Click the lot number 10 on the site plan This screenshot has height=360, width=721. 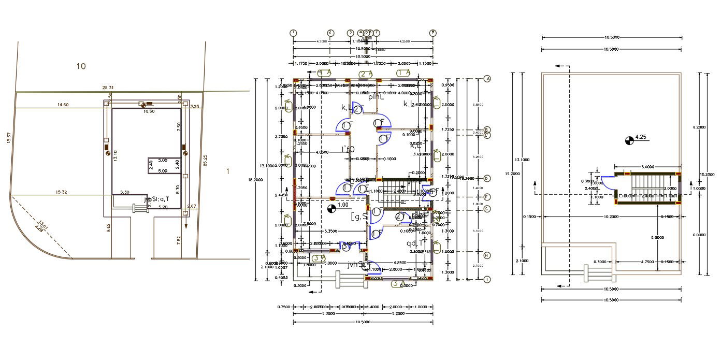click(x=80, y=66)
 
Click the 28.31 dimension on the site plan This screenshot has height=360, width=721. click(x=108, y=88)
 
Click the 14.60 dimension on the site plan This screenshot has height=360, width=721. click(x=63, y=105)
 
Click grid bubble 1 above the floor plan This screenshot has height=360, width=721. click(x=294, y=33)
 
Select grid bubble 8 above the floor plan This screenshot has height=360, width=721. click(x=432, y=33)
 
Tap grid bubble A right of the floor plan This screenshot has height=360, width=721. click(x=487, y=79)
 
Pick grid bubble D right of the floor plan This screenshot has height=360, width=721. click(x=487, y=178)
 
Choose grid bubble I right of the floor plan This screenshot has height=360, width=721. click(x=487, y=280)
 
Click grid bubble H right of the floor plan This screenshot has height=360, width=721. click(x=487, y=255)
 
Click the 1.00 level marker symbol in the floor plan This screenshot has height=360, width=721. click(x=332, y=209)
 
